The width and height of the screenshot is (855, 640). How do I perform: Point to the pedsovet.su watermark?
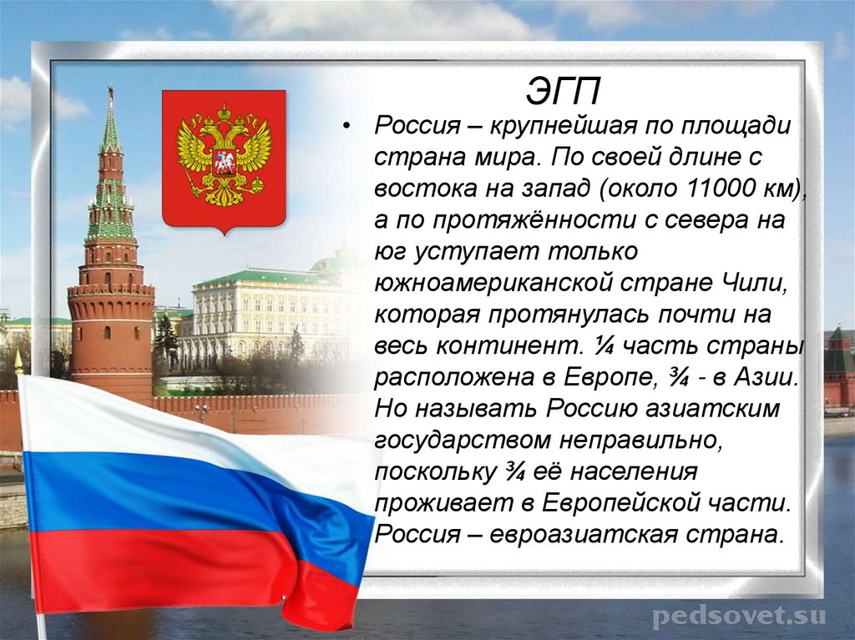click(x=738, y=617)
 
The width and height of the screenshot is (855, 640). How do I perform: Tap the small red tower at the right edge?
click(x=838, y=367)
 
